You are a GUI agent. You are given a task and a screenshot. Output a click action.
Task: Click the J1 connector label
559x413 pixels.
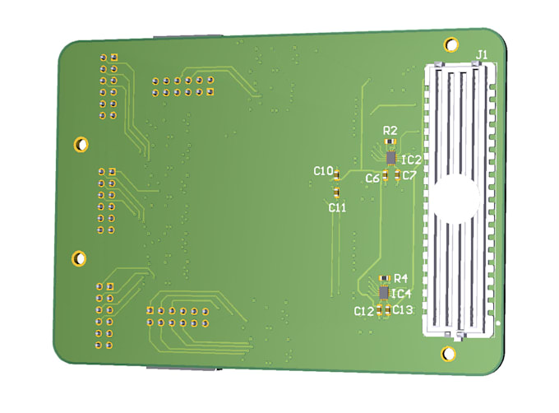[482, 54]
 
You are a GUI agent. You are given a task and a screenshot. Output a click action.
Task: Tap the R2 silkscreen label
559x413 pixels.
[390, 130]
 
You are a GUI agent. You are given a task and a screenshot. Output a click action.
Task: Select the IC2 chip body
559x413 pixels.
[391, 156]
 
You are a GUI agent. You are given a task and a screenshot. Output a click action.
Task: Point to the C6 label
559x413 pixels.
[372, 178]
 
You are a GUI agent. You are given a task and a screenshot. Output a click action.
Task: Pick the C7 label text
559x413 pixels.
[409, 175]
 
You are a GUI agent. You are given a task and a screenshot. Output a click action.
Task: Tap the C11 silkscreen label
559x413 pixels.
[337, 207]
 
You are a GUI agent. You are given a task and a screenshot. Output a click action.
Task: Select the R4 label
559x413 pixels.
[401, 278]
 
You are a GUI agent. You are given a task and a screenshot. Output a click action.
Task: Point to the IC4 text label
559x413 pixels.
[402, 294]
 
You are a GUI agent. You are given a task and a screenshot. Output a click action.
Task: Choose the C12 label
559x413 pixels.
[363, 311]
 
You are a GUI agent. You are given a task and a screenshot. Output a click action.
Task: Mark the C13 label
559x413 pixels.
[402, 309]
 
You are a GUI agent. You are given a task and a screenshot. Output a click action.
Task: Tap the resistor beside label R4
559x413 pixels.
[384, 279]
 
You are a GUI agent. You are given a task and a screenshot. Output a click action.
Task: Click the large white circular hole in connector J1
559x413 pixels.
[454, 199]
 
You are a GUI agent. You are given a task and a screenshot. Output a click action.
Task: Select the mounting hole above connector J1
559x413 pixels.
[450, 44]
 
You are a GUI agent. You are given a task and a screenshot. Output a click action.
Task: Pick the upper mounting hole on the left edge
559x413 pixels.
[81, 145]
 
